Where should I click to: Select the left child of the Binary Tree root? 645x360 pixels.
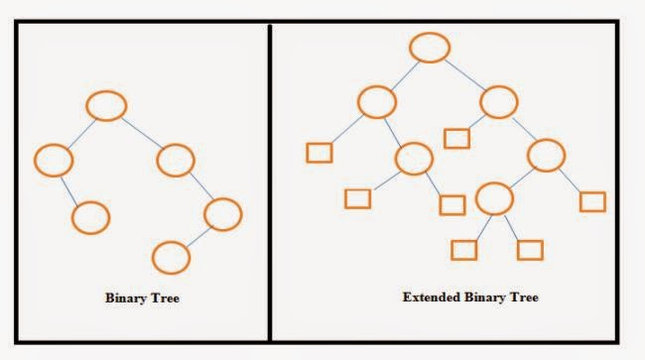point(54,159)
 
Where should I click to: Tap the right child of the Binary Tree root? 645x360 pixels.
point(175,159)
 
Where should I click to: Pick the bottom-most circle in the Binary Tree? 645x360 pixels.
point(172,257)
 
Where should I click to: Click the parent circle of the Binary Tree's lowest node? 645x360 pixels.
point(222,212)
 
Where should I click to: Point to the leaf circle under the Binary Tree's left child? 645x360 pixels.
point(90,216)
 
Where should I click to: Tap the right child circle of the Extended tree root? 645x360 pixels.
point(499,101)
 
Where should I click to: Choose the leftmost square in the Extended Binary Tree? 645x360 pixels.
point(319,154)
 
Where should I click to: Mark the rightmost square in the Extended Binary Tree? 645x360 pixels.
point(592,201)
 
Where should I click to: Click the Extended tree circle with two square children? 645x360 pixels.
point(493,198)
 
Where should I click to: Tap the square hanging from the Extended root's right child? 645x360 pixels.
point(456,138)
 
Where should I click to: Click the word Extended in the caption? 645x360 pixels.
point(430,297)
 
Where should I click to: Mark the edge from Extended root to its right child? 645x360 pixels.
point(464,72)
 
